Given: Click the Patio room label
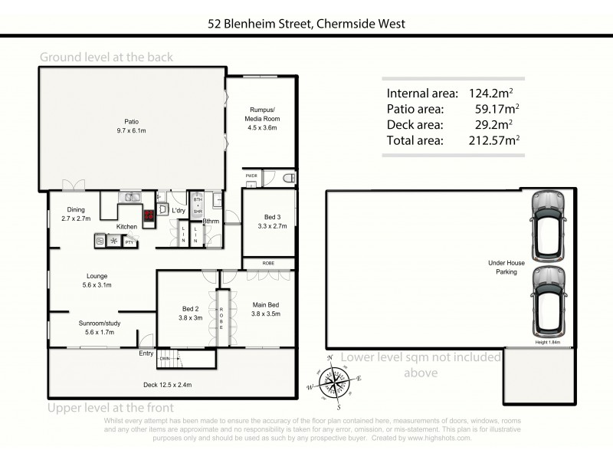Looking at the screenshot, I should (x=131, y=126).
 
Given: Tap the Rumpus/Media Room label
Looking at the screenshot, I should (x=262, y=119).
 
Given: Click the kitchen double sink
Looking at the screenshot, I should (x=131, y=197).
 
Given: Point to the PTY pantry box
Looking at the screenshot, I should (x=129, y=242).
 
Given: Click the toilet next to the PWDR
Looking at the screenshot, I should (x=287, y=178).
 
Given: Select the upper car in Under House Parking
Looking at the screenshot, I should (x=547, y=225).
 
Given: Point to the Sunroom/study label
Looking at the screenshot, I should (x=100, y=328).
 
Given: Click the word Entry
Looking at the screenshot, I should (x=146, y=353).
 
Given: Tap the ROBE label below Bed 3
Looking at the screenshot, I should (x=267, y=262).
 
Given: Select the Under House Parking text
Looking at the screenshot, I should (x=503, y=267).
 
